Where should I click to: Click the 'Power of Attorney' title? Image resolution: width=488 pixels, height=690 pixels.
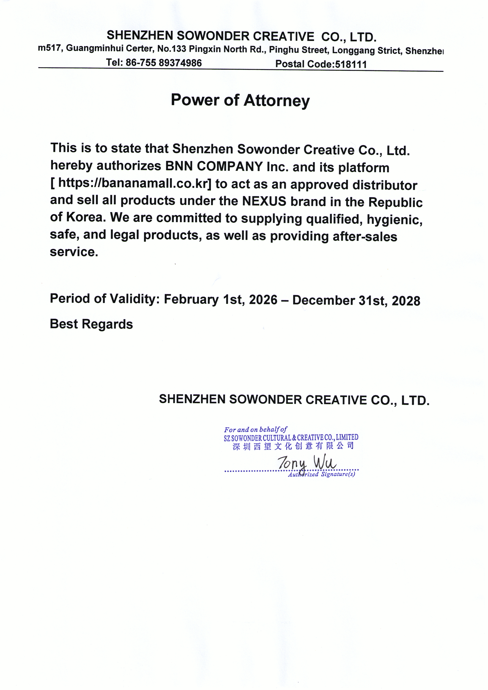(x=240, y=100)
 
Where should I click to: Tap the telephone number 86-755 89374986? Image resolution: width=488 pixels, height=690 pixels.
(x=164, y=63)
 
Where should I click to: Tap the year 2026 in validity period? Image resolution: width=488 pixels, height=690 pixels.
(x=263, y=300)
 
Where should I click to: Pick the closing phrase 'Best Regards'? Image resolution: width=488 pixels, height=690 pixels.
(x=91, y=324)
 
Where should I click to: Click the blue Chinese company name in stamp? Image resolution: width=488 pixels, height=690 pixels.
(x=293, y=446)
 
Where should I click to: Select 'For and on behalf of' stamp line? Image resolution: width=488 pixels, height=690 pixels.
(x=255, y=430)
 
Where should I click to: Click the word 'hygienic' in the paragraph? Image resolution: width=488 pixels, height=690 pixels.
(x=394, y=220)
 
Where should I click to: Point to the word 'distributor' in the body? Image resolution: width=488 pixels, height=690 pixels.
(x=385, y=185)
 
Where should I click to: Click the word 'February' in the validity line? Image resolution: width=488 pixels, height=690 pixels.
(x=191, y=299)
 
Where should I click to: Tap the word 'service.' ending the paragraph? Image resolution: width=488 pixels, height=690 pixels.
(x=74, y=252)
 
